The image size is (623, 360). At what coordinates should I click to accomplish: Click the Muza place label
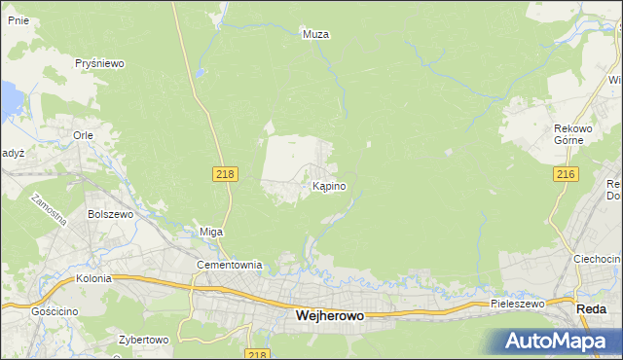[x=316, y=34]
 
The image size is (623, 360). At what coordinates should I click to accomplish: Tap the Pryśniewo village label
[x=101, y=63]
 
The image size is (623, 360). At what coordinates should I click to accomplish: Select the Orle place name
[x=83, y=136]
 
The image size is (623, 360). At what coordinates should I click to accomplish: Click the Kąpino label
[x=329, y=186]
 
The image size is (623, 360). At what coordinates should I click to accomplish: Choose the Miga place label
[x=211, y=232]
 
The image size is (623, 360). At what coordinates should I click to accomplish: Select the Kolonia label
[x=93, y=278]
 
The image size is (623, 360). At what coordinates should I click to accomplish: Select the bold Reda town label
[x=592, y=308]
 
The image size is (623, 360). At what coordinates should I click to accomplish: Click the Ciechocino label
[x=597, y=259]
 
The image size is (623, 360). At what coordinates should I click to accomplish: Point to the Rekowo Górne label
[x=568, y=134]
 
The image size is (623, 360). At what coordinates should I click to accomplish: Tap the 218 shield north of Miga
[x=225, y=172]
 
